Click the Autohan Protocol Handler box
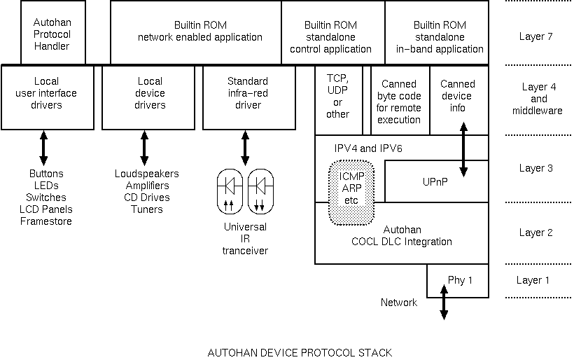click(x=52, y=34)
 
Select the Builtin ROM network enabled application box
click(x=195, y=32)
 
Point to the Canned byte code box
click(x=399, y=102)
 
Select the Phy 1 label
click(x=460, y=280)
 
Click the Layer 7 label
click(x=536, y=36)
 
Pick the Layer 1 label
click(x=533, y=280)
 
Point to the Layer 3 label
click(x=536, y=168)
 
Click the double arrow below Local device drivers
click(x=144, y=149)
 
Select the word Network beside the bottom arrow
click(x=399, y=303)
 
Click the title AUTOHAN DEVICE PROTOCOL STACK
click(x=300, y=352)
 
